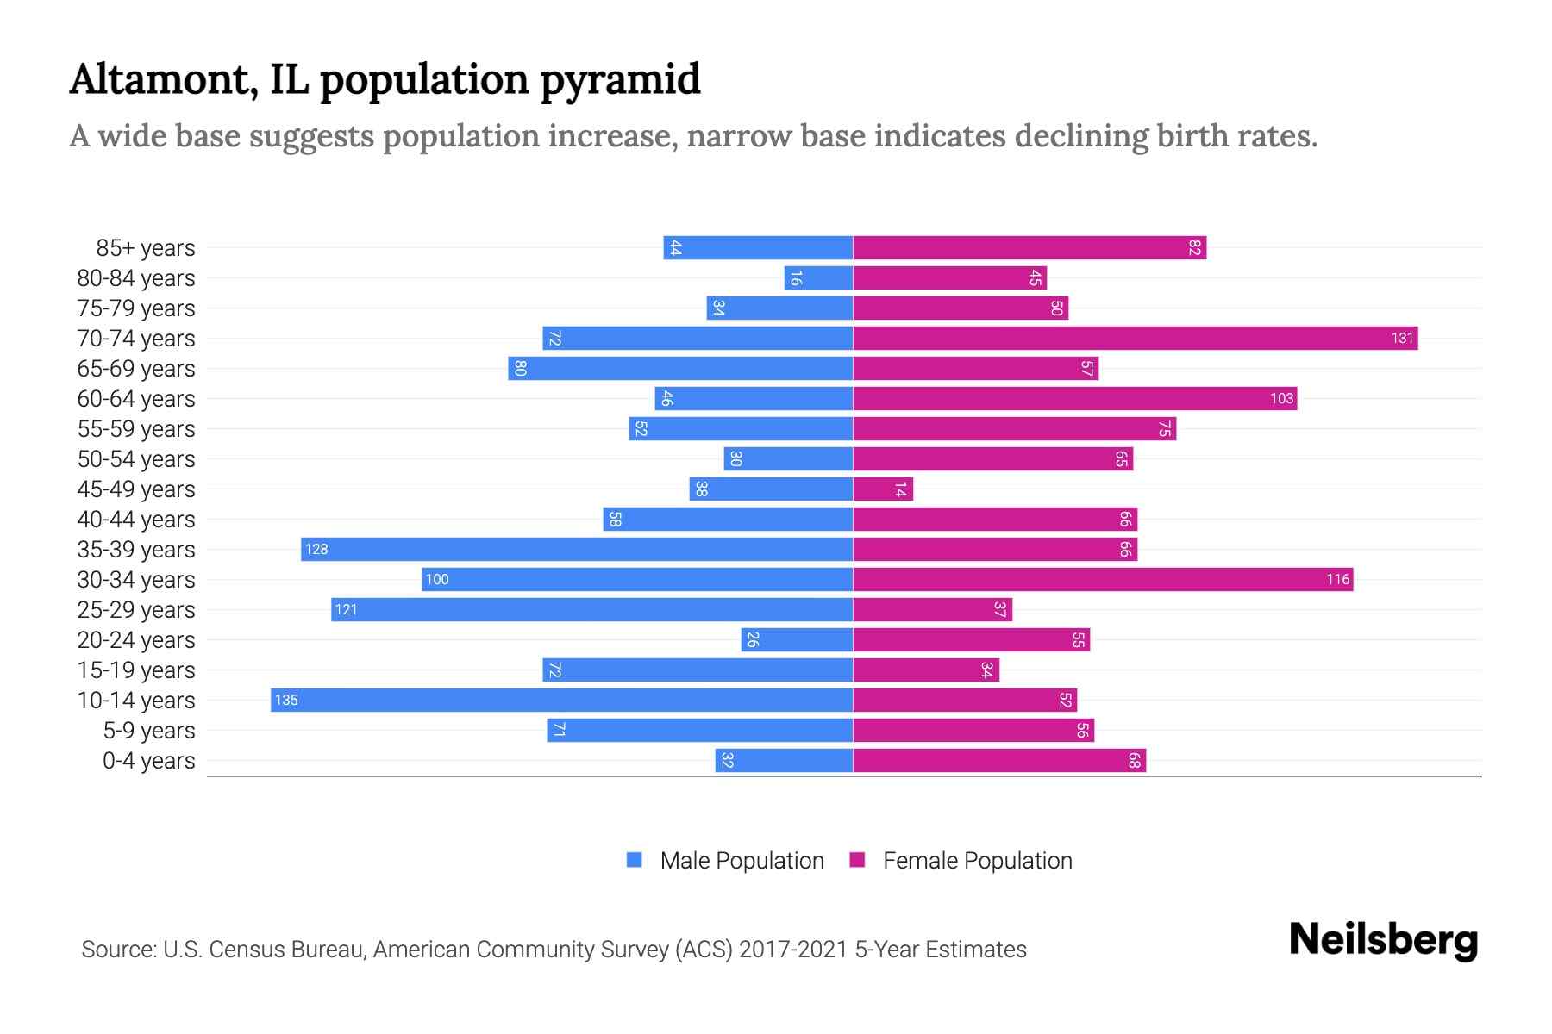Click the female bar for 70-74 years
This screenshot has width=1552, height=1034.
coord(1135,339)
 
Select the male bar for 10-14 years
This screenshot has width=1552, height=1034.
coord(561,701)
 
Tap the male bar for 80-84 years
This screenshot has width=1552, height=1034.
coord(818,278)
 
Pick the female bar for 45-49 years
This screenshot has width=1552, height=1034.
coord(883,489)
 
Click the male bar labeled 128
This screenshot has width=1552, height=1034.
coord(577,550)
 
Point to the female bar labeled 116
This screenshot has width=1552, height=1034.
coord(1103,580)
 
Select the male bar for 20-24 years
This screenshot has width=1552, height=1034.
coord(797,640)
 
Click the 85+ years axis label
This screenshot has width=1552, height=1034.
coord(146,248)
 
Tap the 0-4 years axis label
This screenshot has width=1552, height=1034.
coord(148,761)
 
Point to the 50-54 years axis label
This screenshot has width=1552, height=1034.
coord(136,459)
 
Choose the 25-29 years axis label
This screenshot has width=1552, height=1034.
coord(136,610)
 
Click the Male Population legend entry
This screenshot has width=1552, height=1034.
coord(742,861)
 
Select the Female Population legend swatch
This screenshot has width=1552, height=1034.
coord(857,860)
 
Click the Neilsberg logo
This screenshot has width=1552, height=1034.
coord(1383,940)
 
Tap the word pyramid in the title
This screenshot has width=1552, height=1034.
coord(620,80)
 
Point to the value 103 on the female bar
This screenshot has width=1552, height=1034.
coord(1281,399)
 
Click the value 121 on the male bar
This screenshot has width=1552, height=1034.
coord(346,610)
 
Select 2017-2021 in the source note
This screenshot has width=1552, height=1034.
coord(792,950)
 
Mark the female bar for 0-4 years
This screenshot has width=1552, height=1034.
coord(999,761)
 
